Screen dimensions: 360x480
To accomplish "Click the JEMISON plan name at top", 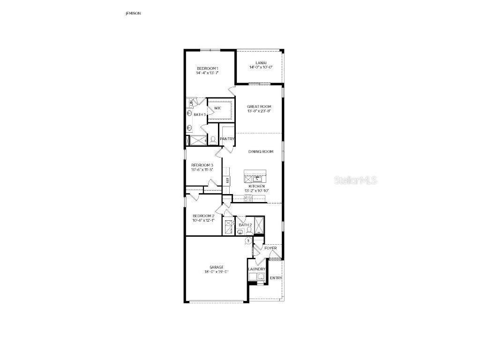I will point(133,14).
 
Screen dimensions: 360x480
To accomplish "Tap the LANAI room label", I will point(261,63).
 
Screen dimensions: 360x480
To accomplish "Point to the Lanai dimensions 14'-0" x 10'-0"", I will point(261,67).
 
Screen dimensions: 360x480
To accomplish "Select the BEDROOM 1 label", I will point(207,68).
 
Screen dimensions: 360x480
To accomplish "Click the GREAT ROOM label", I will point(259,107).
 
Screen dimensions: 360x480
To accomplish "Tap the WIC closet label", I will point(217,108).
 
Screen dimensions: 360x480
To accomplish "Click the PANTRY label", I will point(227,139).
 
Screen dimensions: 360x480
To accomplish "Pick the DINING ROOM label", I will point(261,151).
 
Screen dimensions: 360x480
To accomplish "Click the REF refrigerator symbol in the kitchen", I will point(228,180).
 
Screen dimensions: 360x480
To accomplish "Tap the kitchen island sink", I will point(257,179).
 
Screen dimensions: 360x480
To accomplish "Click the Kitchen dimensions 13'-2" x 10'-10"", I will point(256,191).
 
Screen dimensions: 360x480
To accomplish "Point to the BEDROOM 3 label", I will point(202,165).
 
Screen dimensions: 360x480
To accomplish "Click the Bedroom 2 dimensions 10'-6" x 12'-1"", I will point(203,220).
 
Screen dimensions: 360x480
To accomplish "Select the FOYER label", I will point(270,248).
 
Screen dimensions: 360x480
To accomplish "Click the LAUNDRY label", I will point(257,269).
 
